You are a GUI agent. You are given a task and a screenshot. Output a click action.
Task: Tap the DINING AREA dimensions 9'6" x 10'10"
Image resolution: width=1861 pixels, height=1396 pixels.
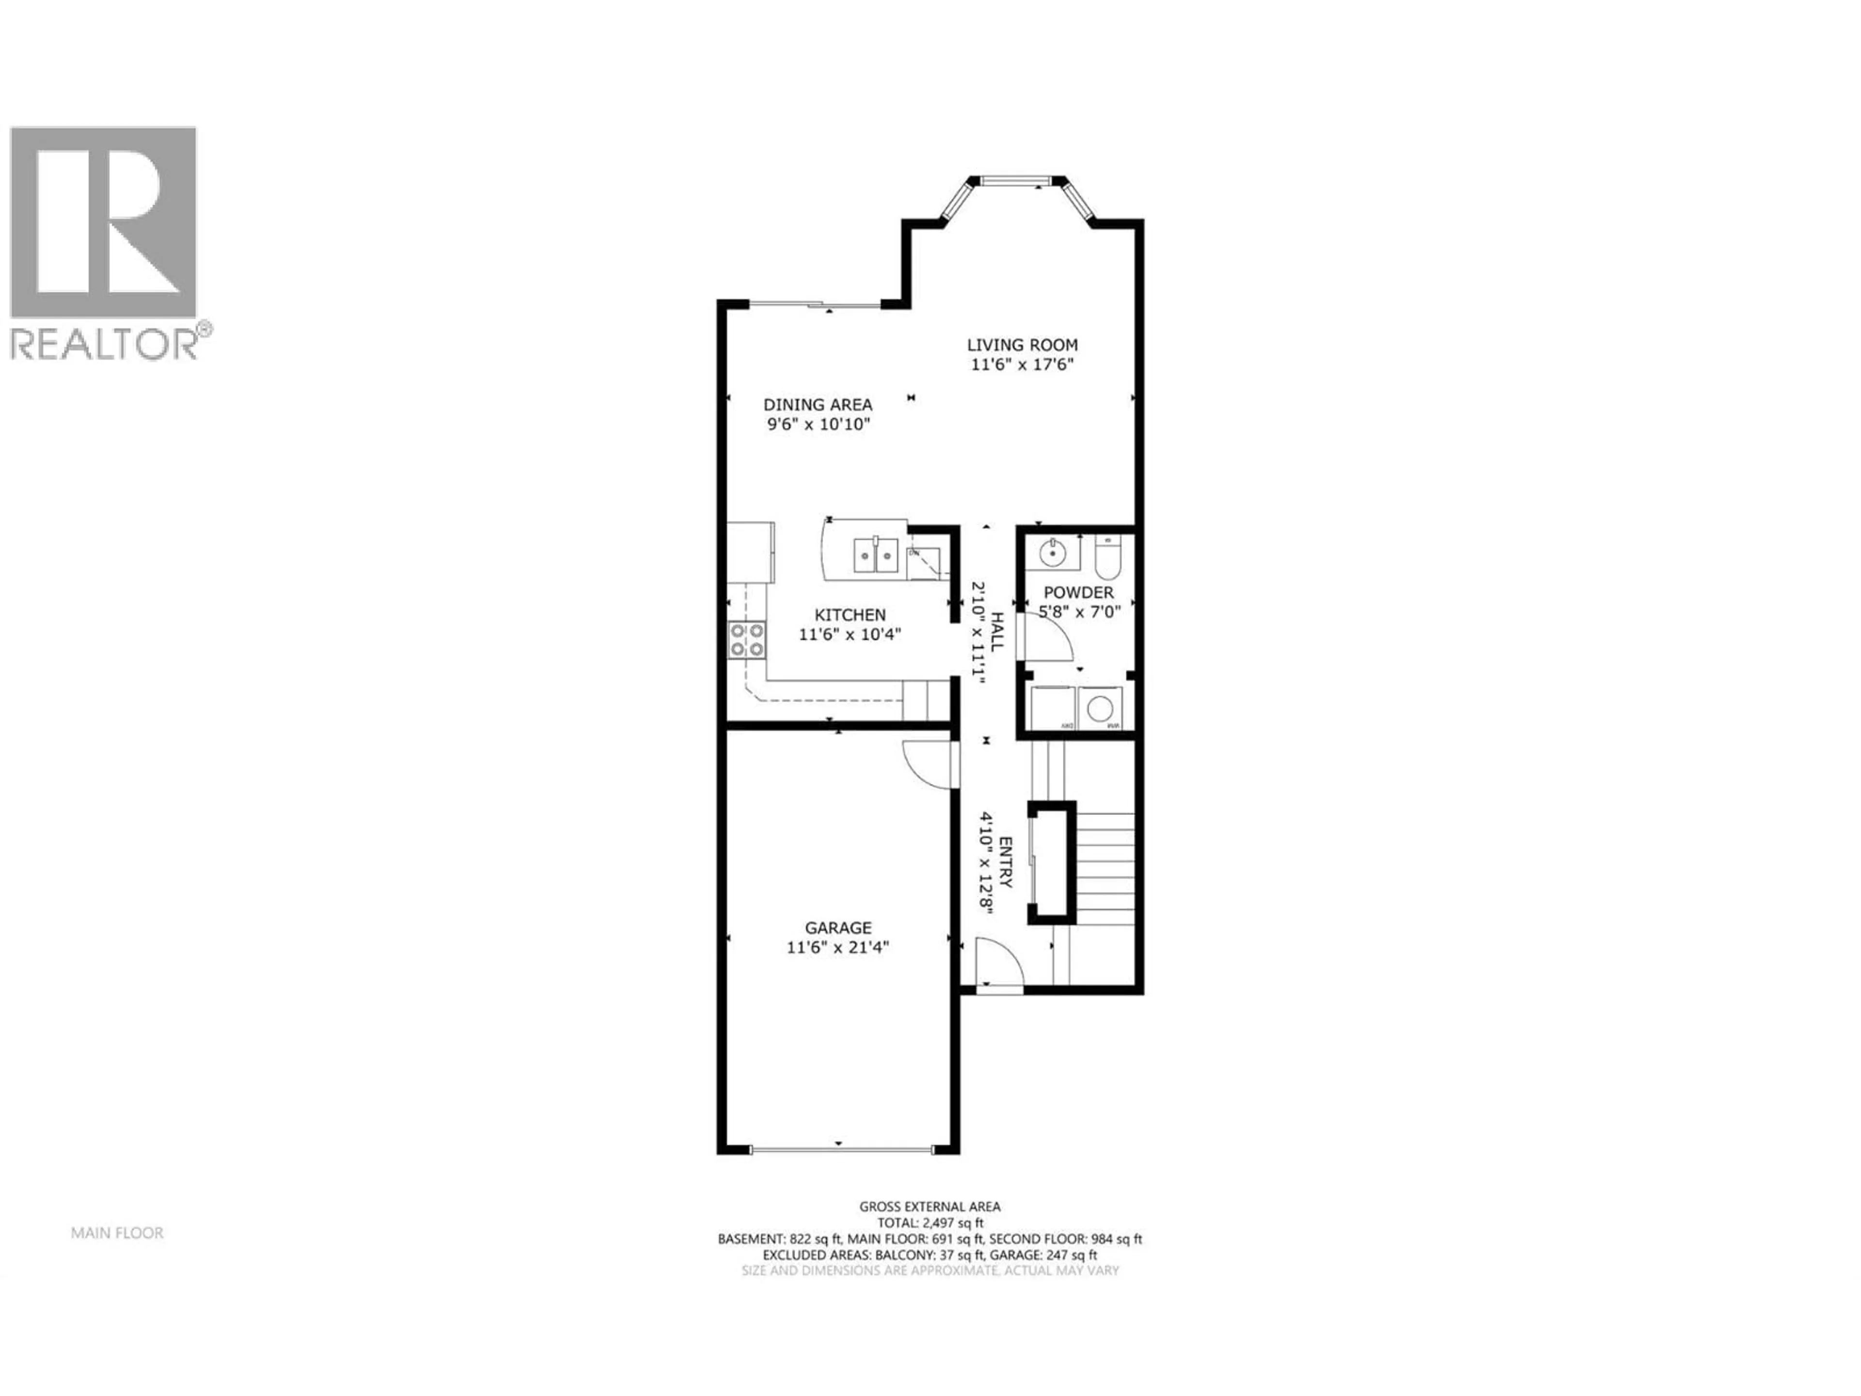point(818,425)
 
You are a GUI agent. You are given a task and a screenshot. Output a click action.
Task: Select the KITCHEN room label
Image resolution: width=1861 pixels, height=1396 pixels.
point(850,615)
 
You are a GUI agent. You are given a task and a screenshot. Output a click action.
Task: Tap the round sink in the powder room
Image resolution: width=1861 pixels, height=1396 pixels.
point(1052,555)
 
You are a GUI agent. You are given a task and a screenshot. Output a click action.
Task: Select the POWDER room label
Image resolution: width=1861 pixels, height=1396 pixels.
point(1079,592)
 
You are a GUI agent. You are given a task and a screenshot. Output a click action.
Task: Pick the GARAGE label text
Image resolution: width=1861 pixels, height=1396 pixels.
point(838,927)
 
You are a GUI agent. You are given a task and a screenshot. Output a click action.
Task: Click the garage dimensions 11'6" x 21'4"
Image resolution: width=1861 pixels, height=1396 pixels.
point(838,948)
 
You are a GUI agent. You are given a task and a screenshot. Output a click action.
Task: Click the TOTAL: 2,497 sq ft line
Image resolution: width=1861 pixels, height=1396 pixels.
point(930,1222)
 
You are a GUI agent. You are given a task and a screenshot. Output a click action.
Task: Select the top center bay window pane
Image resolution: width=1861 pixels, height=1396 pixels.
point(1016,179)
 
